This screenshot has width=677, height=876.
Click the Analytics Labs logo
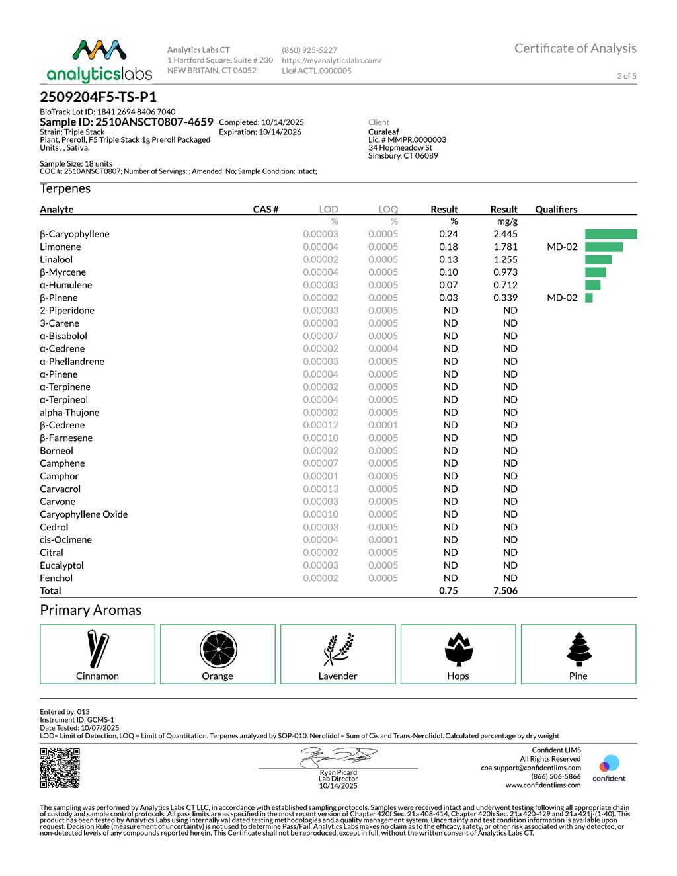point(99,61)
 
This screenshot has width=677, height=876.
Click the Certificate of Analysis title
point(575,48)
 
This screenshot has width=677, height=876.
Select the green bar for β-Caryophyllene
point(611,234)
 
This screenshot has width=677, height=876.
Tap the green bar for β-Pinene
point(589,298)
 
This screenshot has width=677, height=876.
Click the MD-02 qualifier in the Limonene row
point(562,247)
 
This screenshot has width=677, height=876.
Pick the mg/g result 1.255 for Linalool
point(505,260)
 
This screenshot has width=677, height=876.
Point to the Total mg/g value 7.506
point(505,591)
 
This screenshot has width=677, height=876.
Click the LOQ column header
point(388,209)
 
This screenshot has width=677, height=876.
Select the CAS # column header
point(266,209)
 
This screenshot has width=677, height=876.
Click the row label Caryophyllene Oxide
point(84,514)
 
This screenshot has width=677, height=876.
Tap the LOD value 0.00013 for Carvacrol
point(321,489)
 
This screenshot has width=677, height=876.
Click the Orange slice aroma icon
point(218,649)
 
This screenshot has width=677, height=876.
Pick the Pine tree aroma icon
point(579,649)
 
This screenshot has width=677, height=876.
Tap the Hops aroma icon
point(458,649)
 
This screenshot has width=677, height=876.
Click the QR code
point(60,768)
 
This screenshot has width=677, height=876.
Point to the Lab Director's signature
point(338,756)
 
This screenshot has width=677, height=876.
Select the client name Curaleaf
point(383,132)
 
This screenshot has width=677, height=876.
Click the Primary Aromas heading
point(91,610)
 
